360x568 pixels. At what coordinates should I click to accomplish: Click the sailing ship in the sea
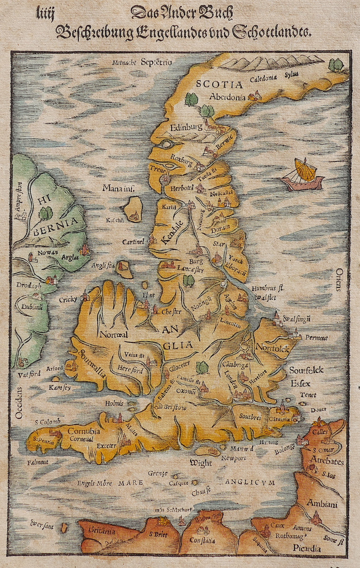tap(303, 175)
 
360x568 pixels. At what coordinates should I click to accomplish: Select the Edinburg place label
tap(186, 127)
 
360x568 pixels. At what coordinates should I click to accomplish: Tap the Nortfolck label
tap(272, 348)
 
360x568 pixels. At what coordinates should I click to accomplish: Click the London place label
tap(230, 380)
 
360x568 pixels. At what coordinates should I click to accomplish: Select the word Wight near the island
tap(200, 463)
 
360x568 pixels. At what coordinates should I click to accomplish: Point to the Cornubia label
tap(84, 431)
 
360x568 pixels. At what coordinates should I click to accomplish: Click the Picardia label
tap(307, 548)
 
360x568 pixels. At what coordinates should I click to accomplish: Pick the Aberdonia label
tap(227, 96)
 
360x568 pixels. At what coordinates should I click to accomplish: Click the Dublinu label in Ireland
tap(32, 307)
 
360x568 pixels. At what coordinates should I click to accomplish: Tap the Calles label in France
tap(320, 431)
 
